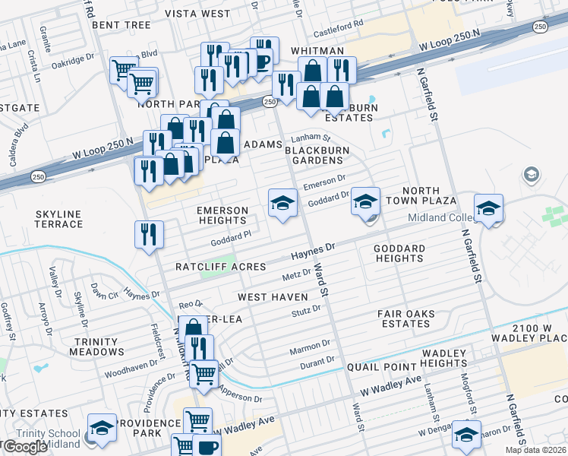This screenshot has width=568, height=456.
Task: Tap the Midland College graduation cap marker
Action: [x=489, y=207]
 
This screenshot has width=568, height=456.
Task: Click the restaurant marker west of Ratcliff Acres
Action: [x=149, y=234]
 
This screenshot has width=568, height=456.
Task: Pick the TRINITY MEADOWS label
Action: [x=96, y=347]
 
